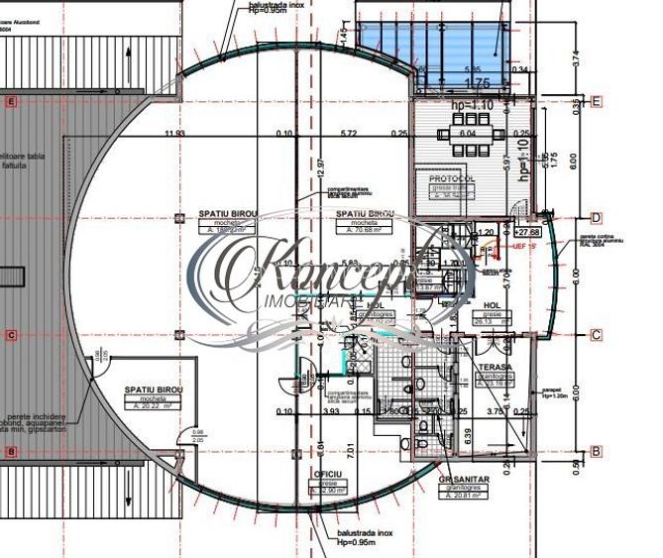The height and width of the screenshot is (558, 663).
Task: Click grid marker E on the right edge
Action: tap(597, 101)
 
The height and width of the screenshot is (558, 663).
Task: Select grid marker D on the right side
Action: tap(597, 217)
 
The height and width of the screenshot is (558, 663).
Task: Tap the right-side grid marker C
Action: tap(597, 335)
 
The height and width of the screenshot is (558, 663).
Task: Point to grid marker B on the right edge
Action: tap(597, 452)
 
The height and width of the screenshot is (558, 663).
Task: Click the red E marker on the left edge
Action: tap(10, 101)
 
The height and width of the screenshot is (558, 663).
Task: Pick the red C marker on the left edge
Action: tap(10, 335)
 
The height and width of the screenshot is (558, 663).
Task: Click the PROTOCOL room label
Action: tap(452, 178)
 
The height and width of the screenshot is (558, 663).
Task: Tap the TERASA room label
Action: tap(494, 366)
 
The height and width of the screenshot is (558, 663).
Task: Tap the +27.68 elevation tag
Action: tap(526, 231)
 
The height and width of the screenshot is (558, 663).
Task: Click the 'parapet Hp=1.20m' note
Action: tap(556, 393)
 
